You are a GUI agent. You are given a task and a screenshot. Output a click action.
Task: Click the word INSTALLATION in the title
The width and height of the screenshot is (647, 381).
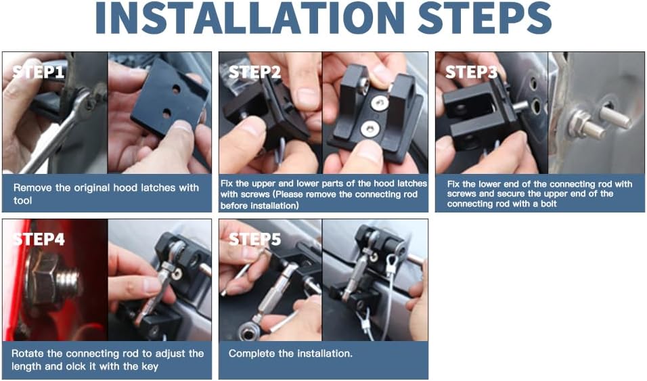click(x=250, y=18)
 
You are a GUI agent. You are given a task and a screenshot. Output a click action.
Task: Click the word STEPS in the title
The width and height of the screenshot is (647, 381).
click(x=485, y=18)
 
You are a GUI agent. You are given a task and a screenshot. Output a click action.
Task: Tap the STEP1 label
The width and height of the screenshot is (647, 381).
click(x=39, y=72)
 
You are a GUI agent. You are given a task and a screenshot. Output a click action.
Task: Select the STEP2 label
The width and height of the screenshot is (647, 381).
click(x=254, y=72)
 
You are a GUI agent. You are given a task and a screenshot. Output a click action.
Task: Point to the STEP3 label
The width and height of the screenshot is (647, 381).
click(x=471, y=72)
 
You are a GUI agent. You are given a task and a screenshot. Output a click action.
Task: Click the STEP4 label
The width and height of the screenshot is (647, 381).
click(x=39, y=240)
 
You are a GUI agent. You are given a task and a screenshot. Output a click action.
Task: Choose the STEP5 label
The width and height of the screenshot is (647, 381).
click(x=254, y=240)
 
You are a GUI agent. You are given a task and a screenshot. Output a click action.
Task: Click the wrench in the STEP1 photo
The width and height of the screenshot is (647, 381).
click(x=62, y=128)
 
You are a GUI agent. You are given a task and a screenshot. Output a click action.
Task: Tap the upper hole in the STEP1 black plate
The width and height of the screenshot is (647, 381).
click(x=176, y=89)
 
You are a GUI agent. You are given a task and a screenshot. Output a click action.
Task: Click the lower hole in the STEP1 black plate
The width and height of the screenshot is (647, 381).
click(x=166, y=113)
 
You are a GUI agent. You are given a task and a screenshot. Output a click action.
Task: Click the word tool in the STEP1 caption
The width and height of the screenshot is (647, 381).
click(x=22, y=200)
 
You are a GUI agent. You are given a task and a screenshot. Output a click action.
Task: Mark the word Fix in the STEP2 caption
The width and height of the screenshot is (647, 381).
click(x=226, y=183)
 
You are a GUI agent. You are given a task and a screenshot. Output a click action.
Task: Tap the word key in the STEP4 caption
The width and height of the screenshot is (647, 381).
click(x=150, y=367)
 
